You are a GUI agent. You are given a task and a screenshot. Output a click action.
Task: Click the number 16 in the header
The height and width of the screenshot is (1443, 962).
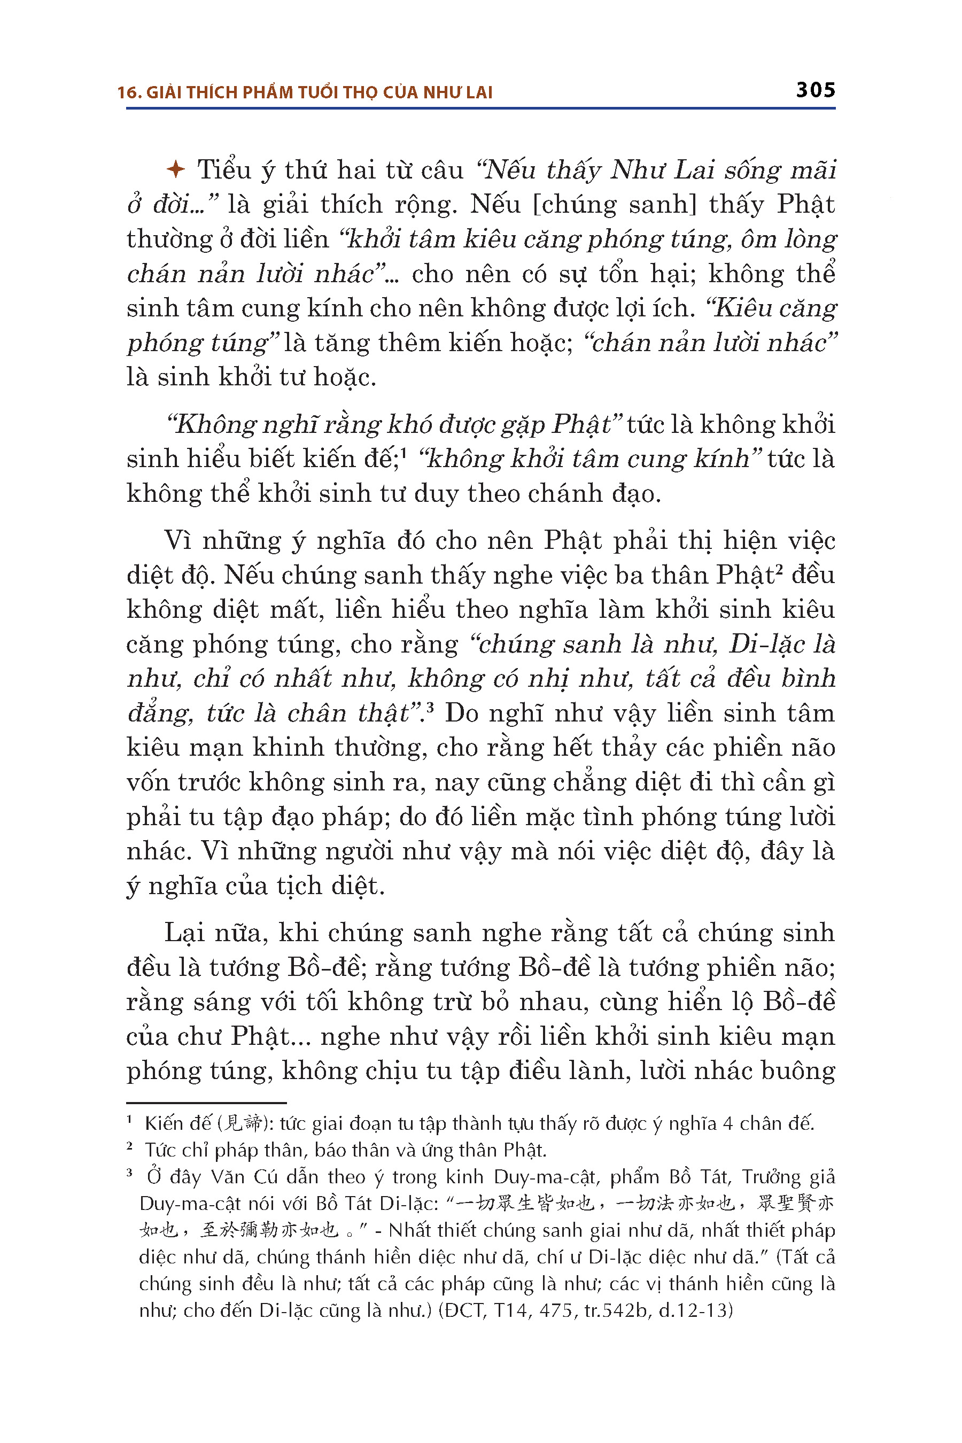tap(126, 92)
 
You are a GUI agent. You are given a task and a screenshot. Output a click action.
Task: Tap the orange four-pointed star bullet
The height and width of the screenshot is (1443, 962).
tap(175, 169)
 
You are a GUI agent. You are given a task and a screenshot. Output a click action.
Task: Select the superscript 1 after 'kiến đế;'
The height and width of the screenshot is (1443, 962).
tap(405, 452)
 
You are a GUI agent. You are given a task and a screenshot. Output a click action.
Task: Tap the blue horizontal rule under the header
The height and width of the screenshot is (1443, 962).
tap(480, 108)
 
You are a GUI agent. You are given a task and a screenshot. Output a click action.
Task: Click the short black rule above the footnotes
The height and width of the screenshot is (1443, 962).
tap(206, 1103)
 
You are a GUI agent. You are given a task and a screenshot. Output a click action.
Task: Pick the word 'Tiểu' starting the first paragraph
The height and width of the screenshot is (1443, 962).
tap(224, 170)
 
